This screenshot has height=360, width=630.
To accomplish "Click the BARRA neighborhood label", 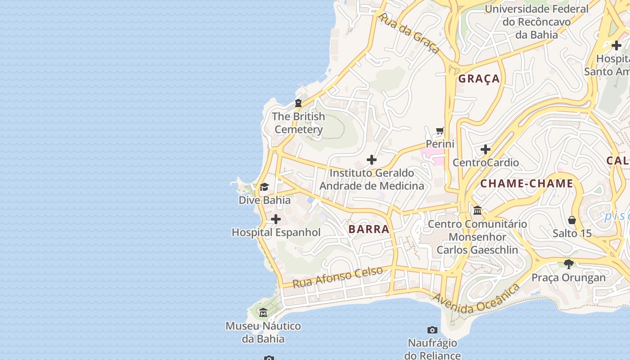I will [369, 229].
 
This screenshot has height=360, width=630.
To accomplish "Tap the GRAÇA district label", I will [479, 79].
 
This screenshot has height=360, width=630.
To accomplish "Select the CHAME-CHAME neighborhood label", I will [526, 184].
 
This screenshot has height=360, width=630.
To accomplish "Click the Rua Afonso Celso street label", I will [337, 277].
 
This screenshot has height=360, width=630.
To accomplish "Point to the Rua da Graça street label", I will [409, 33].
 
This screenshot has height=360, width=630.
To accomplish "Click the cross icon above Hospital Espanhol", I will [276, 219].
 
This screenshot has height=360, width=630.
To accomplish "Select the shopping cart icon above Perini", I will [440, 131].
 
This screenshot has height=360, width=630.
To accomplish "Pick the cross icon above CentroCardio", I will [486, 149].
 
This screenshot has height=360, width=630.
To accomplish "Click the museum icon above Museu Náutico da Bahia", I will [263, 312].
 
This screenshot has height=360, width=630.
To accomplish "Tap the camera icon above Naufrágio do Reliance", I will [432, 330].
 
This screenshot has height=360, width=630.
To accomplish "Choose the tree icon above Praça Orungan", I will [569, 264].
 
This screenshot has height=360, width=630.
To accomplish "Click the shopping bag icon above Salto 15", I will [572, 220].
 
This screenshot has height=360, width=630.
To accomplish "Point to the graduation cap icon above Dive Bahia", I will [264, 187].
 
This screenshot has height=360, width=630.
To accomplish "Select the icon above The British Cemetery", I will [298, 103].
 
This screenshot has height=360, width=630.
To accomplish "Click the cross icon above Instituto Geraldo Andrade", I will [372, 160].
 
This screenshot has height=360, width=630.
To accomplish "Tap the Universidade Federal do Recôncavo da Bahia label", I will [536, 22].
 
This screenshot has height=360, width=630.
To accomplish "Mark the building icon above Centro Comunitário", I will [477, 210].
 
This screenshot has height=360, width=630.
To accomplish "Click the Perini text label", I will [440, 144].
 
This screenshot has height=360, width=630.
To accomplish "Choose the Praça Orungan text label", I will [569, 277].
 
